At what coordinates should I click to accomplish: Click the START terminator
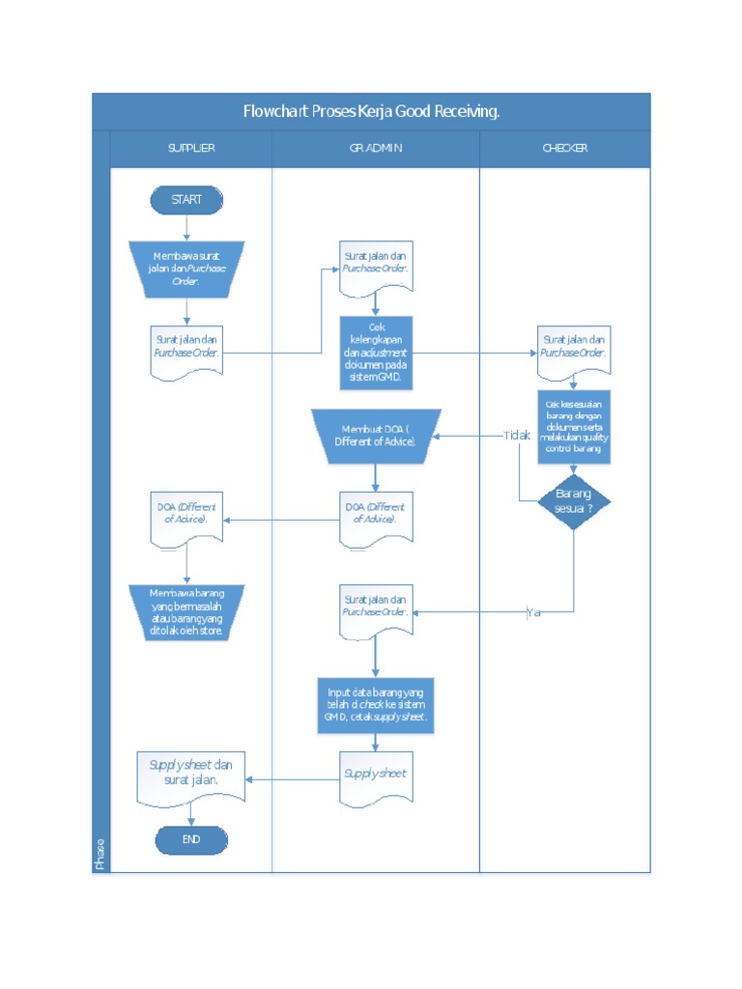186,200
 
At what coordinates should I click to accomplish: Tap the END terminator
191,840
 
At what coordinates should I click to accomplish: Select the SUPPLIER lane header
191,149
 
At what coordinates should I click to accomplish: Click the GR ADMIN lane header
376,149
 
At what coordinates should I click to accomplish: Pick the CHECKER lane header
565,149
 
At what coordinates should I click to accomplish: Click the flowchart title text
371,112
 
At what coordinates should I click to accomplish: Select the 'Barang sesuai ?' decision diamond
574,501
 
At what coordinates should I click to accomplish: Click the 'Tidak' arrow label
517,436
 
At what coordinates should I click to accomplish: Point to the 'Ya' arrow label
533,612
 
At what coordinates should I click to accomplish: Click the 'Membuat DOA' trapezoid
376,436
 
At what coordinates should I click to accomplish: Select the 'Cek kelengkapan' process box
376,353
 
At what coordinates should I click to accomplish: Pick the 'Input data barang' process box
376,706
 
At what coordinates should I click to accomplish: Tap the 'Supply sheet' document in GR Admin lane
376,775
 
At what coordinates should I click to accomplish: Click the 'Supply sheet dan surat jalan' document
191,775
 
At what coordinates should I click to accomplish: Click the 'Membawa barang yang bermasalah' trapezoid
186,611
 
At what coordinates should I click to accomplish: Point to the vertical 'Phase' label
100,853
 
